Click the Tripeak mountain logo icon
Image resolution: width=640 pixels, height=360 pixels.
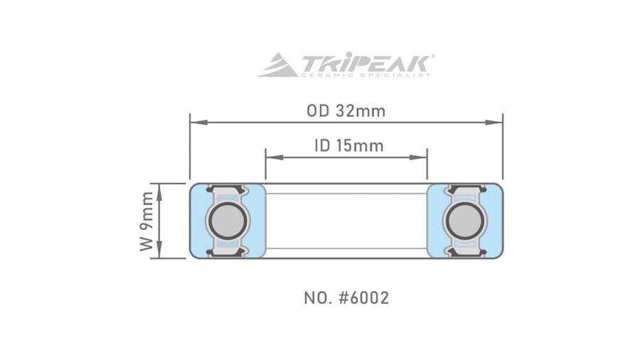coord(278,65)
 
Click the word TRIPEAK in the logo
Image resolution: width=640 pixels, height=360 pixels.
coord(366,62)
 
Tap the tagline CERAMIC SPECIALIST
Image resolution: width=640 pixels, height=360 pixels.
coord(366,75)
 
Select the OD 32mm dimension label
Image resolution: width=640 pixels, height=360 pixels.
coord(346,111)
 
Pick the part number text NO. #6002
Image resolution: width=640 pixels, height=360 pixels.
coord(346,297)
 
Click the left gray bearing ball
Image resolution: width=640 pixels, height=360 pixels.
coord(227,221)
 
